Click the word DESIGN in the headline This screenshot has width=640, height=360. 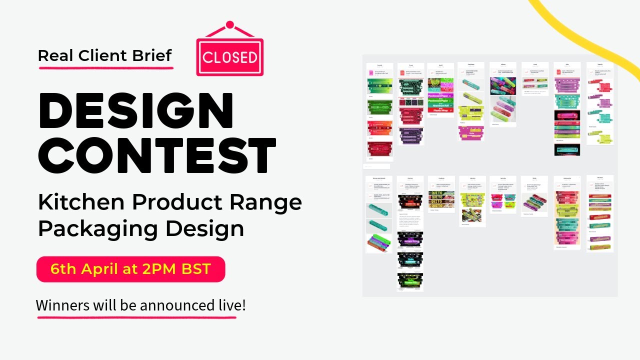click(136, 111)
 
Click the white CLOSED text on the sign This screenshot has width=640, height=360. click(230, 57)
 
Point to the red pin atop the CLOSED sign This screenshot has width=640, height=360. click(229, 24)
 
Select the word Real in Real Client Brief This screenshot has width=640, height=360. click(54, 55)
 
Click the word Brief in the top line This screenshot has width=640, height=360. click(152, 55)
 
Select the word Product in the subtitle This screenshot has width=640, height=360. click(176, 202)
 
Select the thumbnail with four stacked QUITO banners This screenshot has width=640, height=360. click(441, 200)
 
